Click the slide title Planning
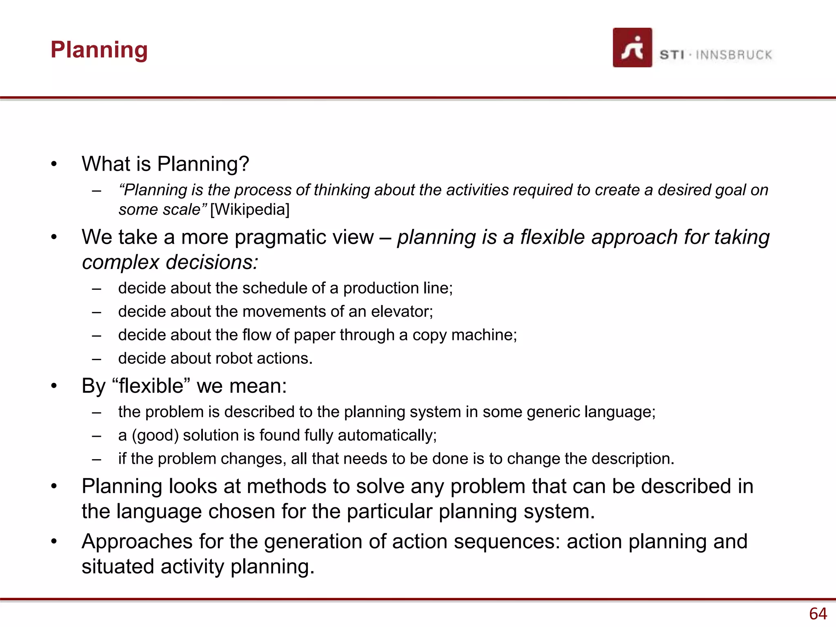[x=99, y=50]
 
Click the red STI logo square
[x=632, y=47]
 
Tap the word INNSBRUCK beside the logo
[x=734, y=55]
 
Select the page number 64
[x=818, y=614]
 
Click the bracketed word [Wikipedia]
[x=250, y=209]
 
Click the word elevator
[x=401, y=311]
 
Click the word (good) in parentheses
[x=155, y=436]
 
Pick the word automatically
[x=387, y=436]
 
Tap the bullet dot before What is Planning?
[x=54, y=165]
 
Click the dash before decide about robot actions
[x=96, y=359]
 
